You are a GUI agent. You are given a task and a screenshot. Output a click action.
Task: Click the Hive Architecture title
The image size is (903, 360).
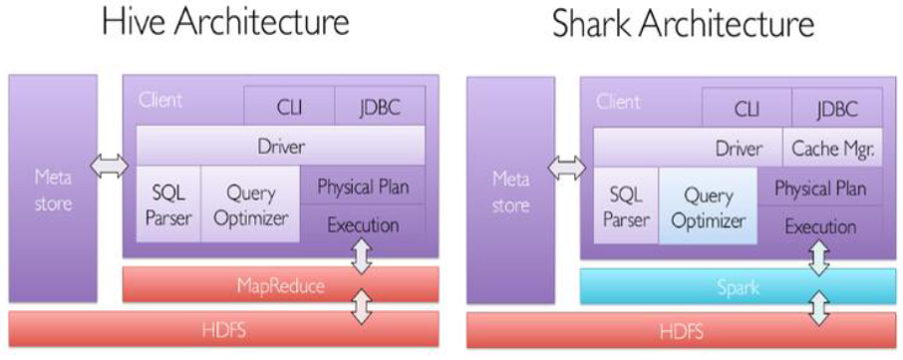[225, 24]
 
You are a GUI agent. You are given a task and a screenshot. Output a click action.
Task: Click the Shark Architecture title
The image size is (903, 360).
[684, 24]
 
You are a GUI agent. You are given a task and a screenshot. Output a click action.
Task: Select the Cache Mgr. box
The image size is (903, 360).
[833, 149]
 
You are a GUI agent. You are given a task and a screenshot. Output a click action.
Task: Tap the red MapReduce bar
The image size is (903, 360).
[281, 284]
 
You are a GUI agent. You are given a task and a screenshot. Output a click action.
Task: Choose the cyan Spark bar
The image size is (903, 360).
[739, 286]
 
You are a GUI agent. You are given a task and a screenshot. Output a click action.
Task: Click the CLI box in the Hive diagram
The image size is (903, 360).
[290, 106]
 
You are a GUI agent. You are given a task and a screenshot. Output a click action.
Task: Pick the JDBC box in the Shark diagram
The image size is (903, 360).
[837, 108]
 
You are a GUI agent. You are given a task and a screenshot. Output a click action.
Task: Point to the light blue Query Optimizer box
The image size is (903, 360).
[708, 205]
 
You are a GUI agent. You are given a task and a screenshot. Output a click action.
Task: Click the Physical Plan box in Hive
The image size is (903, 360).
[363, 184]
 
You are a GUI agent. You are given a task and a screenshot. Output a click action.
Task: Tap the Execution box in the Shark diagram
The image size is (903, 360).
[819, 225]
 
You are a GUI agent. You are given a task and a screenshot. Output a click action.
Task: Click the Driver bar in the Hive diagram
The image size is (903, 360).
[280, 146]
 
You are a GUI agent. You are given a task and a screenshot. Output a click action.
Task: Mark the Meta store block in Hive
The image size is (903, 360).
[53, 187]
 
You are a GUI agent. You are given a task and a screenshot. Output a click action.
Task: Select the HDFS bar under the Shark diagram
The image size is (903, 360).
[682, 331]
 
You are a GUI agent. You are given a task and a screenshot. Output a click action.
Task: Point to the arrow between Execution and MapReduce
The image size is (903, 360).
[363, 254]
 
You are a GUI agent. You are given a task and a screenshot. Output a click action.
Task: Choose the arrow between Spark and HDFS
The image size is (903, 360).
[819, 307]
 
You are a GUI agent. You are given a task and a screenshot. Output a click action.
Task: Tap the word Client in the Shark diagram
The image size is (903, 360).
[617, 102]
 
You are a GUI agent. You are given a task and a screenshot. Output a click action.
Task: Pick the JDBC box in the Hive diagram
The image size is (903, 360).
[380, 106]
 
